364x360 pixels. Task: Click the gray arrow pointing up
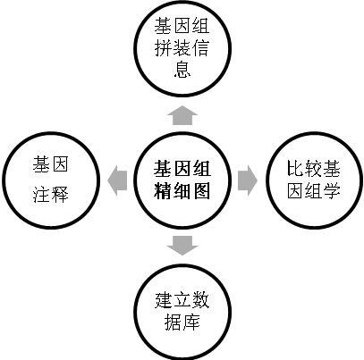click(182, 115)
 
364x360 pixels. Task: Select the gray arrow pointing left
click(117, 180)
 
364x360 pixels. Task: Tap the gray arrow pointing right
click(248, 180)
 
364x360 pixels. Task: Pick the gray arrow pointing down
click(182, 246)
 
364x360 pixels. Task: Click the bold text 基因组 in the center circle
click(182, 169)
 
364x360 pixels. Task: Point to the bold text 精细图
click(182, 191)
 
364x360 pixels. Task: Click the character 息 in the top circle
click(182, 70)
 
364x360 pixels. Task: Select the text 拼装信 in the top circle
click(182, 47)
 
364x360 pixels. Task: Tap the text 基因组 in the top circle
click(182, 25)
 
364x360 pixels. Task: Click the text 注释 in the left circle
click(51, 195)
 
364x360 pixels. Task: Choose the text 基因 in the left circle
click(51, 164)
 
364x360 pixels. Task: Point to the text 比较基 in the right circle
click(314, 169)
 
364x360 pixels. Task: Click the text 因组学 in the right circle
click(314, 191)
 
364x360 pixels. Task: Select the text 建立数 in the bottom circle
click(182, 300)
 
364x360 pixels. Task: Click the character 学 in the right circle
click(332, 191)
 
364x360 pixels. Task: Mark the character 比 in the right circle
click(295, 169)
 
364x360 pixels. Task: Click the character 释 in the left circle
click(60, 195)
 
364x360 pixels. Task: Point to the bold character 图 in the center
click(201, 191)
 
